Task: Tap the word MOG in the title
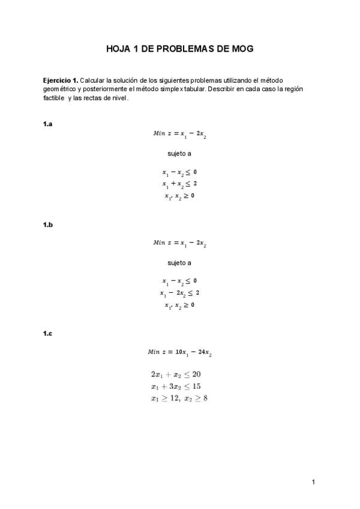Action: point(241,49)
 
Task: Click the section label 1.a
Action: point(47,124)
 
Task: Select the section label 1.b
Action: point(48,224)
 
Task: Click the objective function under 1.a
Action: point(179,134)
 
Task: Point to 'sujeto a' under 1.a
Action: point(179,154)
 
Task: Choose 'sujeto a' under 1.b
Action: point(179,262)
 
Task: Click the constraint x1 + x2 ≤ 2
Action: point(179,184)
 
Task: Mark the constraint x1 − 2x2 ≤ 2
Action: point(179,293)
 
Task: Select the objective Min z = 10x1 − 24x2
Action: point(179,352)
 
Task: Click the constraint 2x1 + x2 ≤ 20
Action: point(179,374)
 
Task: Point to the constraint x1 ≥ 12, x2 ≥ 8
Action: point(179,398)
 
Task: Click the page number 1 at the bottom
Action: point(313,481)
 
